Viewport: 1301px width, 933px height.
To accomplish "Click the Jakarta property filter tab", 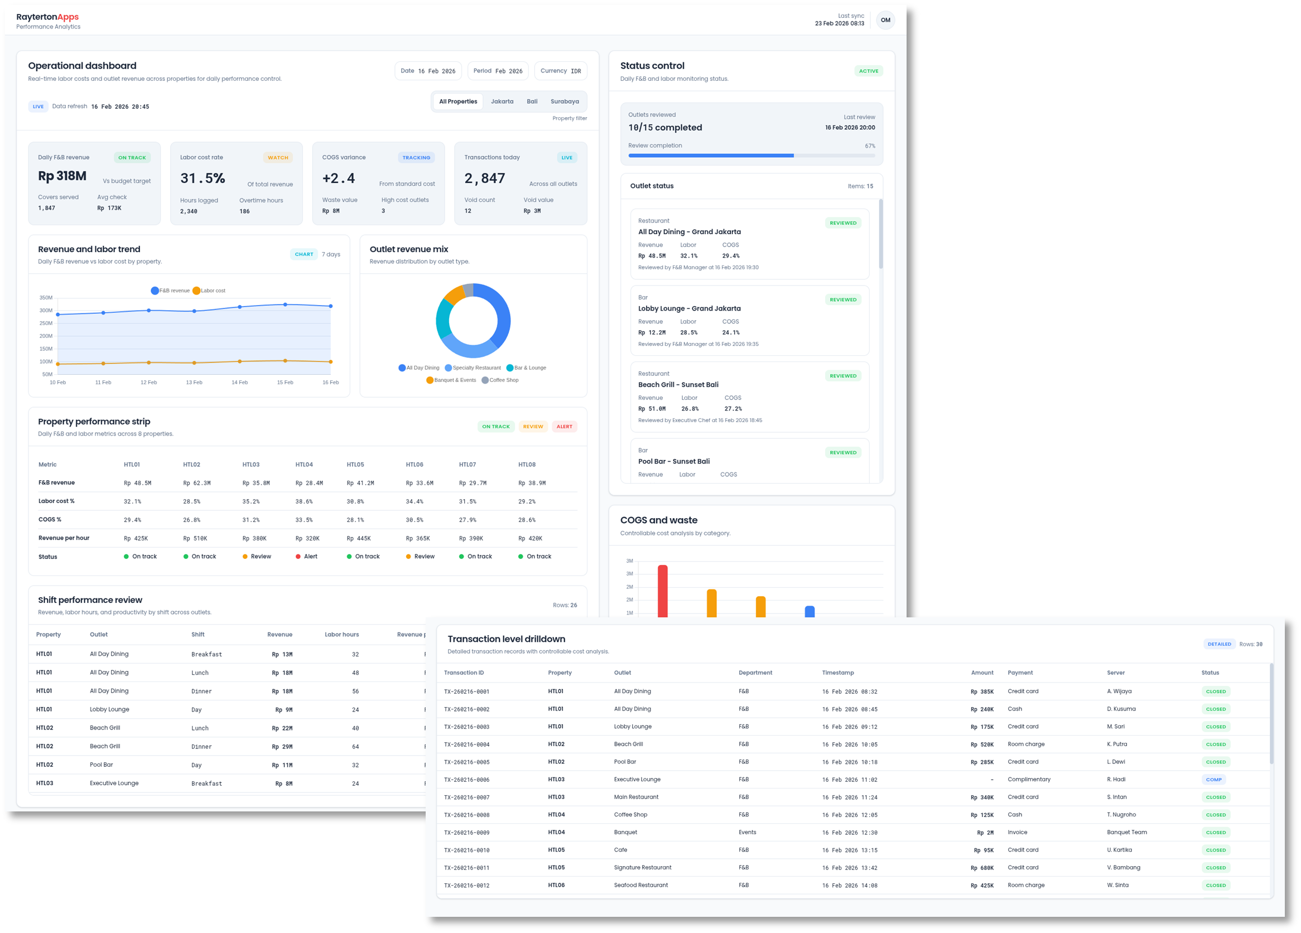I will coord(502,101).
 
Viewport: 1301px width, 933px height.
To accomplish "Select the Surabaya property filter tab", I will coord(565,101).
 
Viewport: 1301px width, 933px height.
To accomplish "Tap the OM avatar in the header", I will coord(885,20).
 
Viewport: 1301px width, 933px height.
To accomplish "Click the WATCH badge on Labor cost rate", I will coord(278,158).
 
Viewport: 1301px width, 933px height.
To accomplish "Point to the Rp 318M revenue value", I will coord(62,176).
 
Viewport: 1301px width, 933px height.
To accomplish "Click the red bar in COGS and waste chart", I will coord(663,591).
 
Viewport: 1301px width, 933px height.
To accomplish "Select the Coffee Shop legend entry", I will coord(503,380).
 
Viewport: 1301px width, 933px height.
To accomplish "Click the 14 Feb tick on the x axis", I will coord(239,383).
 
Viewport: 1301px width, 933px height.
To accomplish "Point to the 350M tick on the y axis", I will coord(46,298).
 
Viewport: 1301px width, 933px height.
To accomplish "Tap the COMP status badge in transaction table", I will coord(1213,779).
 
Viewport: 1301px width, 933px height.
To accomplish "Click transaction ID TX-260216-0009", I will coord(466,833).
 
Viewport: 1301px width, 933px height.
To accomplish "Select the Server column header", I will coord(1115,673).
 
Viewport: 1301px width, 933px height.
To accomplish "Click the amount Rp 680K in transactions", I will coord(981,868).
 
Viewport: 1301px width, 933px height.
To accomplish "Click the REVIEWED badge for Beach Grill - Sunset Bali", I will coord(842,376).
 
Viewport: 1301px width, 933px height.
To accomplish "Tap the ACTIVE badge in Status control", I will coord(868,71).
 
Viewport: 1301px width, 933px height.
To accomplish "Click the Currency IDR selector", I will coord(561,71).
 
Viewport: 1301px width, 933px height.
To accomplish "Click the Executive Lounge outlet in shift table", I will coord(114,784).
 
